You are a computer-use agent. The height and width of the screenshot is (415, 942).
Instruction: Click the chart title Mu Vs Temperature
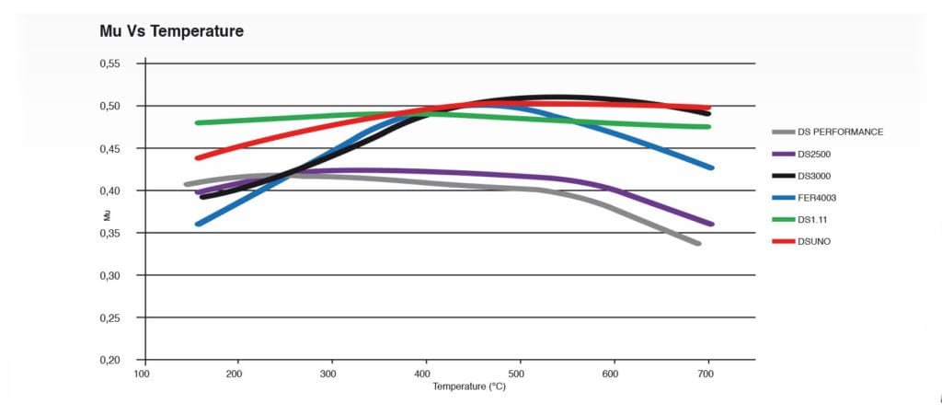171,31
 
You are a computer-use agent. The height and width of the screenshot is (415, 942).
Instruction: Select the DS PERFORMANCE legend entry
840,132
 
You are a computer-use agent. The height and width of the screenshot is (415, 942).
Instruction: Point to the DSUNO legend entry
816,241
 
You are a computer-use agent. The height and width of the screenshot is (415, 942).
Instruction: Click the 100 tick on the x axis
143,375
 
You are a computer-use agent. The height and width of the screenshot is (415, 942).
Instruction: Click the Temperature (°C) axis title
469,386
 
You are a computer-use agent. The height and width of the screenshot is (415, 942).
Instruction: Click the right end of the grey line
699,244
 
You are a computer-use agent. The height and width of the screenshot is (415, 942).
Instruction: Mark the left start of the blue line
198,224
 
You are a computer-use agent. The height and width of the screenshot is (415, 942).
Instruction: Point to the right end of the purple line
711,224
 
